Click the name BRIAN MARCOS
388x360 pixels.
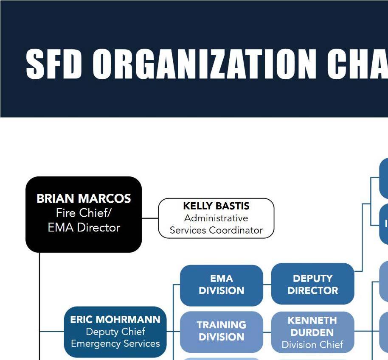click(x=84, y=198)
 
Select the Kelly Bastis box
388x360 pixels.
click(x=216, y=218)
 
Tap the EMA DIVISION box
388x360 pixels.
click(x=221, y=285)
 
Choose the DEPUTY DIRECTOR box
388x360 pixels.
click(x=312, y=285)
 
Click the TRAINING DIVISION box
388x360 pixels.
click(x=221, y=331)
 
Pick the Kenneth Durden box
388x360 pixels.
click(x=312, y=332)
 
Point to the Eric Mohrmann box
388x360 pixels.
click(x=115, y=332)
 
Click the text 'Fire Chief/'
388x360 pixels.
click(x=84, y=213)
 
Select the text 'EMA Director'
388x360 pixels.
click(x=84, y=228)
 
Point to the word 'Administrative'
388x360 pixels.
click(x=216, y=218)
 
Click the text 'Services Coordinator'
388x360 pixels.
click(x=216, y=230)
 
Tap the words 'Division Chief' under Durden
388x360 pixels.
click(x=312, y=345)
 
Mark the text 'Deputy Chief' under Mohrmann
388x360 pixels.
click(x=115, y=332)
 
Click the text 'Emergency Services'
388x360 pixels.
click(x=115, y=343)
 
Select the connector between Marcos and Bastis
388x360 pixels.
click(x=150, y=218)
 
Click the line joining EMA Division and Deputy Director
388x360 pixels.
click(x=267, y=285)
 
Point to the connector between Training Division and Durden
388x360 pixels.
click(x=267, y=331)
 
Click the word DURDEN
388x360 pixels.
click(x=312, y=332)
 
